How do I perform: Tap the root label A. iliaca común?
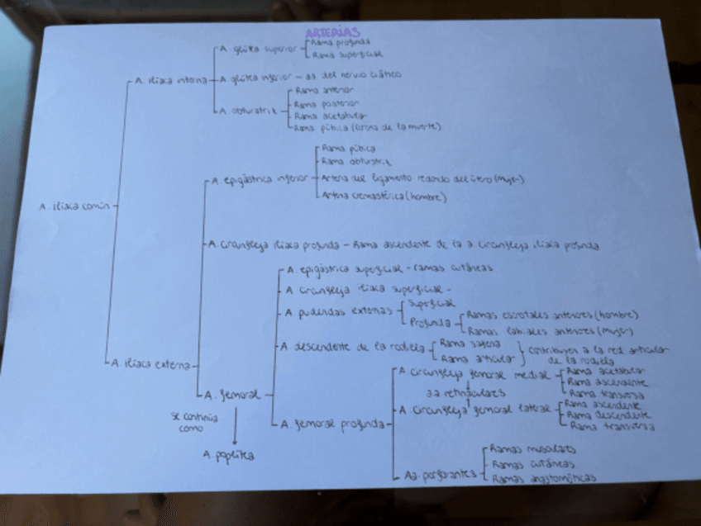(74, 206)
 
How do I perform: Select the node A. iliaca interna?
(171, 81)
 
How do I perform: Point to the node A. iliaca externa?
(153, 363)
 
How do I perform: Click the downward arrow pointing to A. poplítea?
(235, 426)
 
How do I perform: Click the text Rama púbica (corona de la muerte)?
(368, 128)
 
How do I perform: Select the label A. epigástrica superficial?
(347, 268)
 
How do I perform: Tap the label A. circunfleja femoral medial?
(474, 374)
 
